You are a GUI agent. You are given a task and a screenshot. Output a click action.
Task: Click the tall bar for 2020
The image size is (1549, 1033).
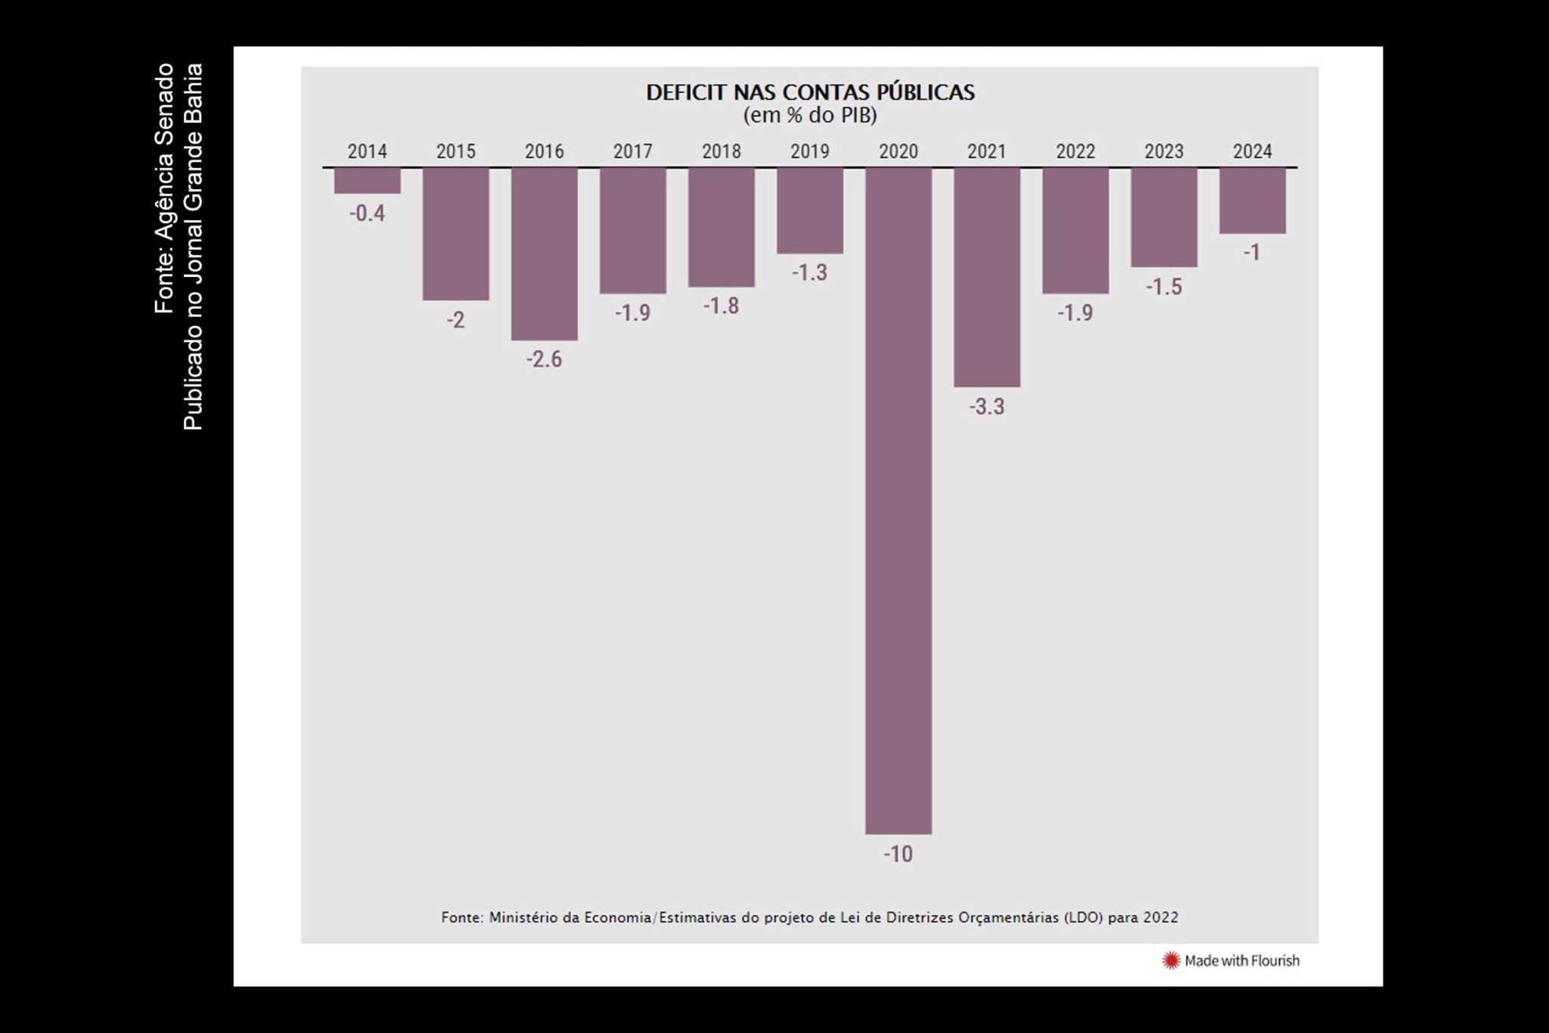coord(898,499)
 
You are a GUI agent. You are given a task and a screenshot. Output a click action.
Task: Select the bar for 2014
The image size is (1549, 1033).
coord(367,181)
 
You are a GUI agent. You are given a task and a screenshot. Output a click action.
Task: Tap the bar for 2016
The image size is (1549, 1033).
coord(544,254)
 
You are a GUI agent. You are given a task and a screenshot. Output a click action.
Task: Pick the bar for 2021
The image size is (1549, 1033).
coord(986,277)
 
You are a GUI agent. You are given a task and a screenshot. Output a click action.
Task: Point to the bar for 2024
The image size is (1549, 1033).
coord(1252,201)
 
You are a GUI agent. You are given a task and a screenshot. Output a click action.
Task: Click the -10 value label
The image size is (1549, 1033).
coord(898,854)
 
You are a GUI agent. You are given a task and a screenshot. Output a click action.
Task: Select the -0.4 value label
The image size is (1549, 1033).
coord(367,213)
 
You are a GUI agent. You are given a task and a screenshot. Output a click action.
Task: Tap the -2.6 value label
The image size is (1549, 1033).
coord(544,359)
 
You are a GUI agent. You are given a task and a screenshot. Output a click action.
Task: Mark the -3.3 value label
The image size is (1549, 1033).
coord(986,407)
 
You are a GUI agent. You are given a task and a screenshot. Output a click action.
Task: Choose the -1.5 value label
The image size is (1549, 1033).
coord(1163,287)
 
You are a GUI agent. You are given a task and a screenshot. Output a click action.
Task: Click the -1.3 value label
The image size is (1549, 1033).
coord(809,272)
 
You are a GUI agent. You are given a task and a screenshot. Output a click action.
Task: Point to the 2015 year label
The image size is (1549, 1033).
coord(455,151)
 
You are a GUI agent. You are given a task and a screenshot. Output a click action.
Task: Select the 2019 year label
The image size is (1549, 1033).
coord(809,151)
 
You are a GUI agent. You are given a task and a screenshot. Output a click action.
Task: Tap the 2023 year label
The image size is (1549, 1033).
coord(1163,151)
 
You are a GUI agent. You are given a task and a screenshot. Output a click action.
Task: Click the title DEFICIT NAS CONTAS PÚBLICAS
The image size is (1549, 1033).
coord(809,92)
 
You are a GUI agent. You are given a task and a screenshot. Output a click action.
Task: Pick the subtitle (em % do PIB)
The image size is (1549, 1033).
coord(809,116)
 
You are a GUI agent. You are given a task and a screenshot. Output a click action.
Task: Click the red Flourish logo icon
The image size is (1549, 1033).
coord(1171,960)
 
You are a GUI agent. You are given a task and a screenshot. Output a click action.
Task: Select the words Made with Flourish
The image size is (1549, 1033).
coord(1241,960)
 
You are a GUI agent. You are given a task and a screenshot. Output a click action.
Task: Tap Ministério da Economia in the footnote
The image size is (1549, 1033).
coord(570,917)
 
